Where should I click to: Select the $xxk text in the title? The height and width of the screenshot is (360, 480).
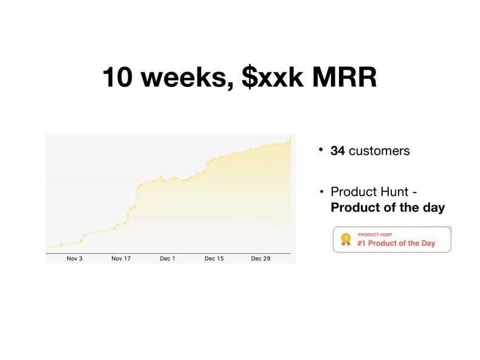click(273, 78)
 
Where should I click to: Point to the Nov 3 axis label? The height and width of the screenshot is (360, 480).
click(74, 259)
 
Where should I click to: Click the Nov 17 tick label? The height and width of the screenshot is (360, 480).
click(121, 259)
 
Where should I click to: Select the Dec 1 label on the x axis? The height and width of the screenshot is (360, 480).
click(167, 259)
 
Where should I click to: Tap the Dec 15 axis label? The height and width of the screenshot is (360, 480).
click(214, 259)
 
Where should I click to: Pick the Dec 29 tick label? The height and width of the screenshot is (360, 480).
click(260, 259)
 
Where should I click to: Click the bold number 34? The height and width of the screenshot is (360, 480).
click(338, 151)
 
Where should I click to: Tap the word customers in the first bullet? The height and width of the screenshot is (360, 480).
click(379, 151)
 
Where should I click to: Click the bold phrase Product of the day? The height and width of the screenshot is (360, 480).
click(388, 208)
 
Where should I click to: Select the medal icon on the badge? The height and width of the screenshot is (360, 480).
click(346, 239)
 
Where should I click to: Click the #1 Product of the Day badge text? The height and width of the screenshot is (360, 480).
click(396, 243)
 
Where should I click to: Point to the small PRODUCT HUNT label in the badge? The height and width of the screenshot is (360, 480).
click(375, 234)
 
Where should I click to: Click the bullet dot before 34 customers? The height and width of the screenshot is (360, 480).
click(322, 150)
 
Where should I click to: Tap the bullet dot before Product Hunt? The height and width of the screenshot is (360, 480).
click(322, 192)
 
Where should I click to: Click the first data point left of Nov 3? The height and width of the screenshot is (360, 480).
click(61, 245)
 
